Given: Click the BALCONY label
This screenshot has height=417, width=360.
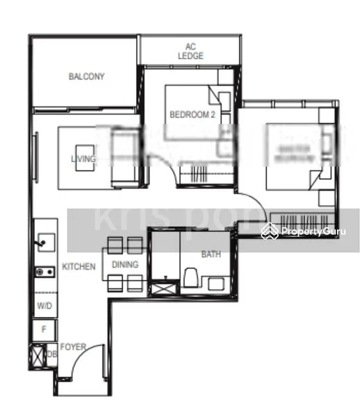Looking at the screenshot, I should pyautogui.click(x=86, y=76).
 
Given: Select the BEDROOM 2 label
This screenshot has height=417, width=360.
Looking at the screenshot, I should pyautogui.click(x=192, y=115).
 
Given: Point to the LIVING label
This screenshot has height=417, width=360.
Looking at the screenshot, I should pyautogui.click(x=83, y=159).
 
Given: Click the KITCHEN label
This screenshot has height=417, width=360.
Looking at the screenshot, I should pyautogui.click(x=78, y=266).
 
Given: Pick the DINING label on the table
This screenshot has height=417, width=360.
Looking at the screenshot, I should pyautogui.click(x=124, y=265).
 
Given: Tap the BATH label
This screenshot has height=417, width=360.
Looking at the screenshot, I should pyautogui.click(x=211, y=254).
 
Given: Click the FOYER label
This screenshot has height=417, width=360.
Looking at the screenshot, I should pyautogui.click(x=73, y=345).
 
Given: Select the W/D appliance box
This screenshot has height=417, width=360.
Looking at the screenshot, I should pyautogui.click(x=44, y=305).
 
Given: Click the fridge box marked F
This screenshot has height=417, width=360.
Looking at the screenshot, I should pyautogui.click(x=44, y=329).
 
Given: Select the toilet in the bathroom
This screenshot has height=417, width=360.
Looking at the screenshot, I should pyautogui.click(x=190, y=280).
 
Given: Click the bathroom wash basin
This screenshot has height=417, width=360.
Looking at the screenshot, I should pyautogui.click(x=216, y=283).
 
